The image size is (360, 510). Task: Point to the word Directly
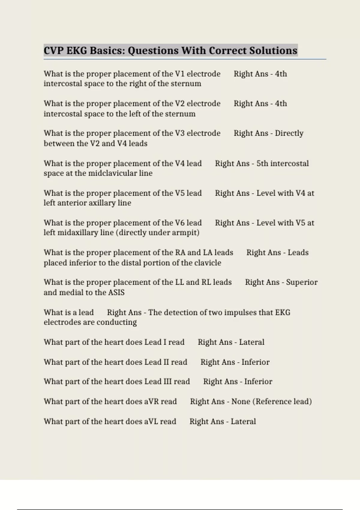coord(289,133)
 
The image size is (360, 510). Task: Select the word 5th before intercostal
coord(262,163)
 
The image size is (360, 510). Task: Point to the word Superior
coord(301,282)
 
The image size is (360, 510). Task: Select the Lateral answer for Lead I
coord(251,342)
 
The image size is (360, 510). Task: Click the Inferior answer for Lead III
coord(258,382)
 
